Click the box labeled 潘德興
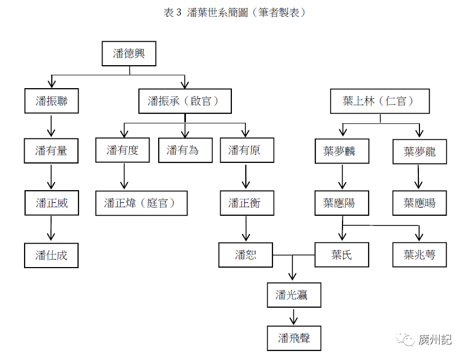click(129, 53)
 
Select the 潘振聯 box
click(51, 101)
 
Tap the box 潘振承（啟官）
click(185, 101)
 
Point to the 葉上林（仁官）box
click(379, 101)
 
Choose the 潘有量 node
click(51, 151)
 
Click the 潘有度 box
click(122, 150)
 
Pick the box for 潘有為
click(185, 150)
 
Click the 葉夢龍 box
click(419, 151)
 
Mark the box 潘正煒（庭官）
click(141, 203)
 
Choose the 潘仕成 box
click(51, 255)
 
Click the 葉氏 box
click(341, 255)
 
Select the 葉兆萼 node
click(419, 255)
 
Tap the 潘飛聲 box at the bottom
click(294, 338)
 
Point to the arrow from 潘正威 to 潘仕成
click(51, 229)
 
